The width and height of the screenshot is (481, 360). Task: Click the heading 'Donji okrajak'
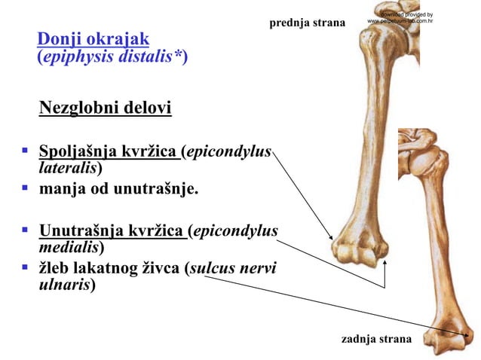[x=93, y=38]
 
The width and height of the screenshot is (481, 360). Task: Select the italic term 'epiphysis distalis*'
[x=112, y=57]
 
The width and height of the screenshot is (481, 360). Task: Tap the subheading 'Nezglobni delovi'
[x=105, y=108]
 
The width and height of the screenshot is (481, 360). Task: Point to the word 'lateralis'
[x=67, y=168]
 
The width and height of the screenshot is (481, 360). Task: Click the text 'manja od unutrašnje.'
[x=119, y=188]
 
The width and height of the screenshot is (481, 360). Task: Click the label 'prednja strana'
[x=307, y=23]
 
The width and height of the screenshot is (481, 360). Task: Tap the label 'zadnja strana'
[x=376, y=339]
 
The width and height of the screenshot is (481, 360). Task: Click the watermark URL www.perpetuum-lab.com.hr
[x=400, y=21]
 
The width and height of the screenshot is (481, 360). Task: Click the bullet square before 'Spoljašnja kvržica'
[x=25, y=151]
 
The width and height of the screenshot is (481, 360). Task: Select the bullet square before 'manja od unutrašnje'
[x=25, y=188]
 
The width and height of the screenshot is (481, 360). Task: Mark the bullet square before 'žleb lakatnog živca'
[x=25, y=268]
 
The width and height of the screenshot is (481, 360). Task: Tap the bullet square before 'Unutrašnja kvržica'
[x=25, y=230]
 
